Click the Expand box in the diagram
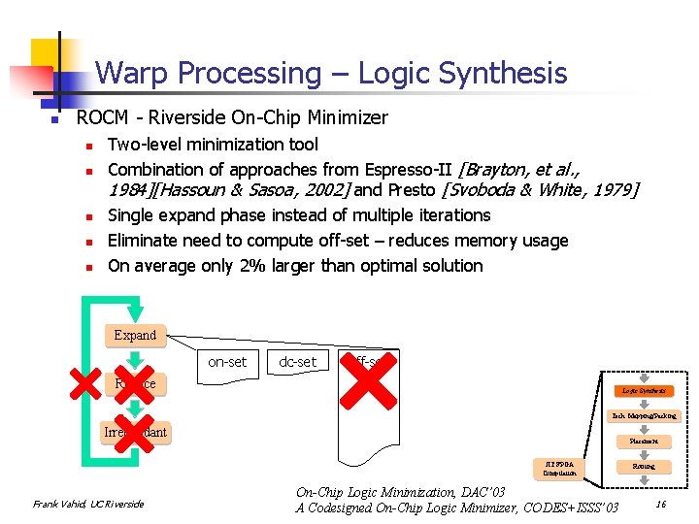click(x=135, y=335)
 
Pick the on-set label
click(x=227, y=361)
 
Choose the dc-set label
click(x=297, y=361)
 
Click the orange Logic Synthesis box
click(x=643, y=390)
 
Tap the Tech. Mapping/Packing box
click(x=643, y=415)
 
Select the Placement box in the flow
click(x=643, y=442)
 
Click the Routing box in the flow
click(x=643, y=467)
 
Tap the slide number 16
click(x=660, y=503)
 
